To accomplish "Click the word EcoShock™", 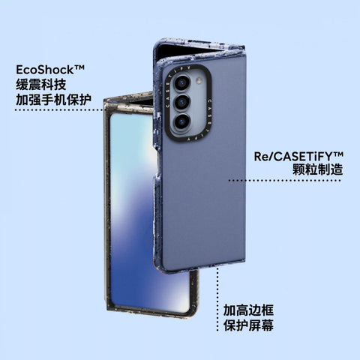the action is [50, 70].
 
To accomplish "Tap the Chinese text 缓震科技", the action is [41, 85].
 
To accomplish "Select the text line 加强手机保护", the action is [53, 100].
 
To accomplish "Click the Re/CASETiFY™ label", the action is [298, 157].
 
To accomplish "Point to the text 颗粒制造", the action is [318, 169].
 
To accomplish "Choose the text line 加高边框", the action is [248, 310].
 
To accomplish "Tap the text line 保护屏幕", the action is [248, 325].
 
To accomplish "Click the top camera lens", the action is [181, 82].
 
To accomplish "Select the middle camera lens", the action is [182, 102].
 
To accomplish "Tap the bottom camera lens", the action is [181, 121].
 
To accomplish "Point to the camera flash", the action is [199, 80].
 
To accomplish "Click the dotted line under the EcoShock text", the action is [58, 109].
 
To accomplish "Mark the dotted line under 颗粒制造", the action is [285, 180].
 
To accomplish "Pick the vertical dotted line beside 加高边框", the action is [217, 299].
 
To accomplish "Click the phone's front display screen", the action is [133, 212].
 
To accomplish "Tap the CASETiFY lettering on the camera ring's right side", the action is [208, 115].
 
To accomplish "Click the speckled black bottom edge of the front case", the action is [150, 314].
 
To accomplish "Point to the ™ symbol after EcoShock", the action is [79, 67].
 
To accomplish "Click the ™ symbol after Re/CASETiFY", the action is [338, 154].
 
